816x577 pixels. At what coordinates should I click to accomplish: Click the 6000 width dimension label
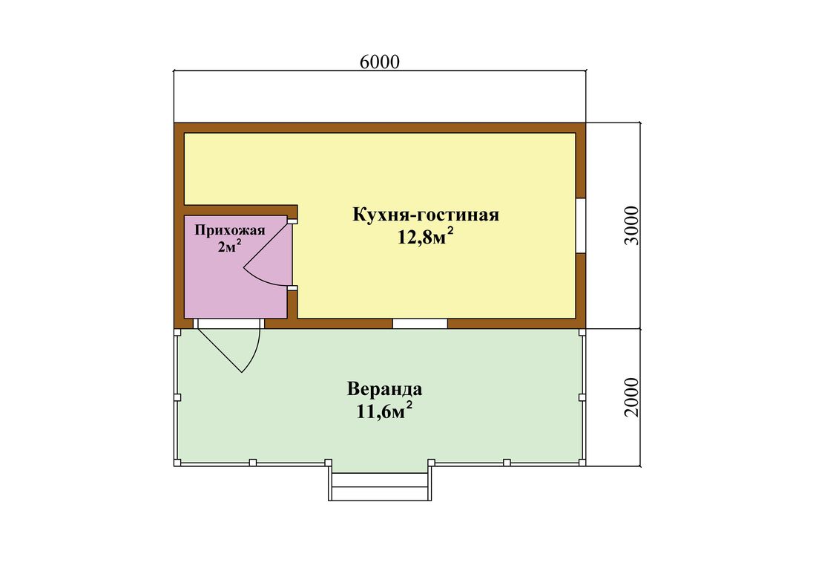coord(380,62)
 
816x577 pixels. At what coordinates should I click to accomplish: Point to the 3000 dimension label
coord(631,226)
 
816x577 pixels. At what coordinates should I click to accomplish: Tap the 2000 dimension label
coord(631,397)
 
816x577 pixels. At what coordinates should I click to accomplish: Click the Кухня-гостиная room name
coord(426,215)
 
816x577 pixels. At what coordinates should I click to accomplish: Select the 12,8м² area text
coord(426,237)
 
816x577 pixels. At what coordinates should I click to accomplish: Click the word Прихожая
coord(230,230)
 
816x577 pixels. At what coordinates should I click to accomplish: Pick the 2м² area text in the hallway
coord(229,246)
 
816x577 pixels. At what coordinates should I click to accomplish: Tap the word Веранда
coord(384,389)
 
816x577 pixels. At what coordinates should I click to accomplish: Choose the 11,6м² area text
coord(384,411)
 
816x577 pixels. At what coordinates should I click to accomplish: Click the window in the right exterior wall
coord(581,226)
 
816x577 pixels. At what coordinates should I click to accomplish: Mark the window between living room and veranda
coord(420,323)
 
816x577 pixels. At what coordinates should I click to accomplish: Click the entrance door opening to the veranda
coord(229,323)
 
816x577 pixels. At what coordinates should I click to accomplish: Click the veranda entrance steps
coord(380,486)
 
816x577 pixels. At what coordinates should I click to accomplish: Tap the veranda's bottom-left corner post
coord(177,463)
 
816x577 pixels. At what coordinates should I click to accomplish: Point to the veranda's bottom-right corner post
coord(582,463)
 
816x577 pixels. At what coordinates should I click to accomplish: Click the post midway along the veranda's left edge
coord(177,397)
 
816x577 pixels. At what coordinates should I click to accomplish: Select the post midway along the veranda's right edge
coord(582,397)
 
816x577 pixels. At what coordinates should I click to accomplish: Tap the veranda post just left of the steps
coord(329,463)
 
